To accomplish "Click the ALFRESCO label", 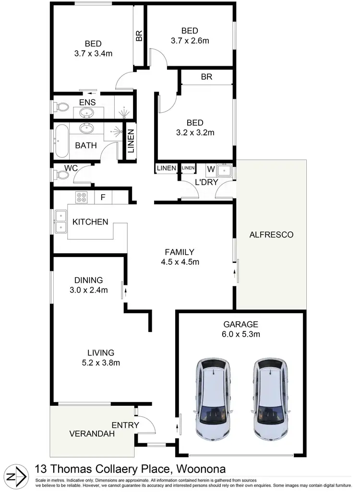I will pos(271,235).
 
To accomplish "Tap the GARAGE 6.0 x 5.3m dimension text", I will pos(240,334).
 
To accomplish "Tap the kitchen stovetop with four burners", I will pos(80,197).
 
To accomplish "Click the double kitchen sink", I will pos(60,222).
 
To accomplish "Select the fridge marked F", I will pos(102,197).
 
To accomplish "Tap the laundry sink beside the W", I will pos(225,170).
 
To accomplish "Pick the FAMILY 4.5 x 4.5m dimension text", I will pos(179,262).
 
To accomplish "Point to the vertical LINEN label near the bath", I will pos(131,141).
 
